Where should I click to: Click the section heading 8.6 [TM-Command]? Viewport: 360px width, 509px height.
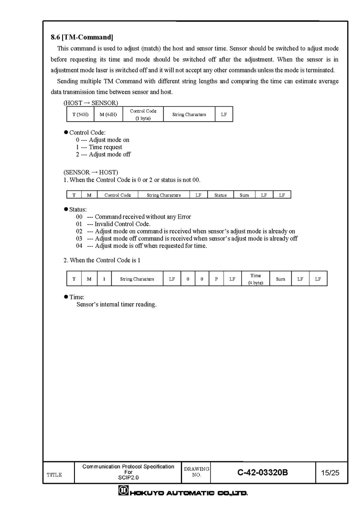(x=82, y=37)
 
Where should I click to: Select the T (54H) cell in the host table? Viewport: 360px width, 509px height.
(x=80, y=114)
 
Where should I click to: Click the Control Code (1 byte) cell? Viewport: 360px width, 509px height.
(x=143, y=114)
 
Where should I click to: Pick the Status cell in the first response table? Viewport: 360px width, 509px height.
(x=220, y=195)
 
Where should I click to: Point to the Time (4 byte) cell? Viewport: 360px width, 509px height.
(x=256, y=279)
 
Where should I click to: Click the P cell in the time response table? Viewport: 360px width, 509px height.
(x=216, y=279)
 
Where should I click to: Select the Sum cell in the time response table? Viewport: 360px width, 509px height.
(x=280, y=279)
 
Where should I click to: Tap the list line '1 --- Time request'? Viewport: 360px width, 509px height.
(x=99, y=147)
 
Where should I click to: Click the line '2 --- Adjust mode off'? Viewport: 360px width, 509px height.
(x=103, y=154)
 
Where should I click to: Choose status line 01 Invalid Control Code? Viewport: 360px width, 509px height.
(x=113, y=224)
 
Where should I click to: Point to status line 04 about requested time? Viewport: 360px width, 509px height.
(x=141, y=246)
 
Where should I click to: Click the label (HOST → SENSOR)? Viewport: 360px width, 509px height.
(x=91, y=103)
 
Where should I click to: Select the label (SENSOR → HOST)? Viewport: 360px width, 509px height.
(x=91, y=172)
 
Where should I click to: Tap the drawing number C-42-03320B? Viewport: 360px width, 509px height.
(x=263, y=472)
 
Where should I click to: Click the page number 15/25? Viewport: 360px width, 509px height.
(x=330, y=472)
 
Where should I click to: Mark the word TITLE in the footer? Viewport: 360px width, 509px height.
(x=54, y=475)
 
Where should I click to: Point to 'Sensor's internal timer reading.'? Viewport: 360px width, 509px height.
(x=116, y=304)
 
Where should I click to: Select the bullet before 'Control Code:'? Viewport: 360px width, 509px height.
(x=66, y=133)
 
